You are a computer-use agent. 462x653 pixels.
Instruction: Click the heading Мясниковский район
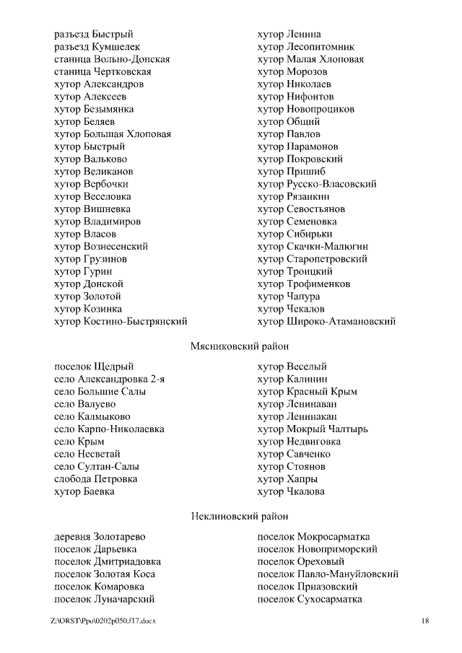[234, 346]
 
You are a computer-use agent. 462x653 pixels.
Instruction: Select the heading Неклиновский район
[239, 516]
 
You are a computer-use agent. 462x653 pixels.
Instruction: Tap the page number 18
[425, 621]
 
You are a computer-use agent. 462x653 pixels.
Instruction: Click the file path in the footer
[103, 621]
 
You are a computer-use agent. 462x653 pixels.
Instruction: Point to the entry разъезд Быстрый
[94, 34]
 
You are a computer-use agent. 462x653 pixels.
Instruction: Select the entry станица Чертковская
[103, 71]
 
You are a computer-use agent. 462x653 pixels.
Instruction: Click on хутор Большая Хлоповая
[113, 134]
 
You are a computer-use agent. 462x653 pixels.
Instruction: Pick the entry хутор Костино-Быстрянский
[121, 321]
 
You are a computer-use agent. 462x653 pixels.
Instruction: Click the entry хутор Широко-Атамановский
[326, 321]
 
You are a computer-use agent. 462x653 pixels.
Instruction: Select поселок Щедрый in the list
[94, 367]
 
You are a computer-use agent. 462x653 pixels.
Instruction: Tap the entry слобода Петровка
[96, 478]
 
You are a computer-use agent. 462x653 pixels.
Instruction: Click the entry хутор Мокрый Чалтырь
[313, 429]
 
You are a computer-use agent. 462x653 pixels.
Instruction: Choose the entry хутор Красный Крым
[308, 391]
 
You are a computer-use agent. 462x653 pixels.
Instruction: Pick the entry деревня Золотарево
[100, 537]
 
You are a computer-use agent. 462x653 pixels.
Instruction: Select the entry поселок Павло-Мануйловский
[328, 574]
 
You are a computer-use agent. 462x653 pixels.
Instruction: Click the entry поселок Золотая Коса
[105, 574]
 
